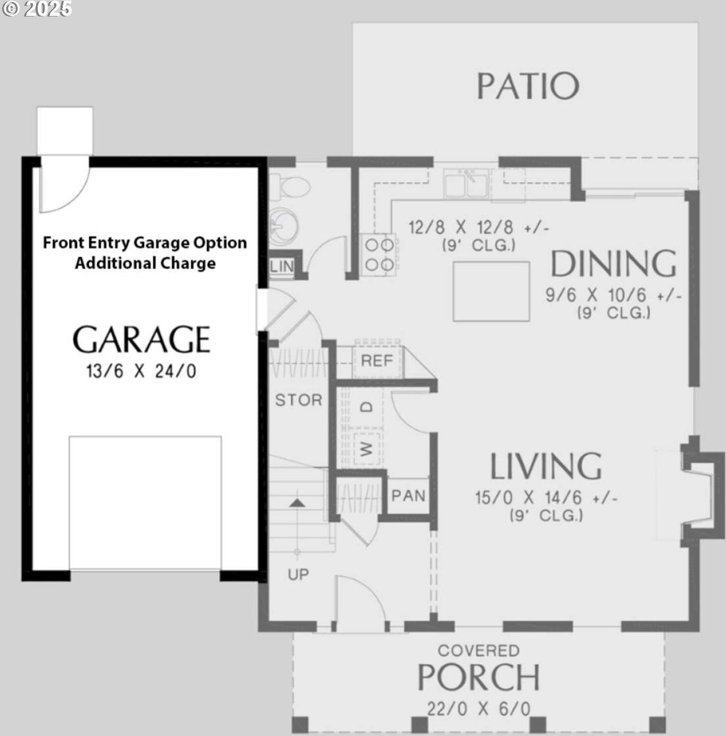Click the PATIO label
[527, 86]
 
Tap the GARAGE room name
[141, 339]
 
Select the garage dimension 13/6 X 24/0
[141, 371]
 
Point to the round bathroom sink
[281, 223]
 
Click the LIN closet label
[281, 266]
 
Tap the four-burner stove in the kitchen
[379, 255]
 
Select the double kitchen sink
[466, 185]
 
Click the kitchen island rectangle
[491, 291]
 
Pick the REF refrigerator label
[377, 361]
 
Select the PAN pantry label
[408, 496]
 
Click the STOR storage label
[298, 400]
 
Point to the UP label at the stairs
[298, 574]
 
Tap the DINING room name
[613, 264]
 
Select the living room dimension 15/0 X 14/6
[546, 498]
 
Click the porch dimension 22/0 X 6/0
[478, 709]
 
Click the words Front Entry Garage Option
[145, 242]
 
